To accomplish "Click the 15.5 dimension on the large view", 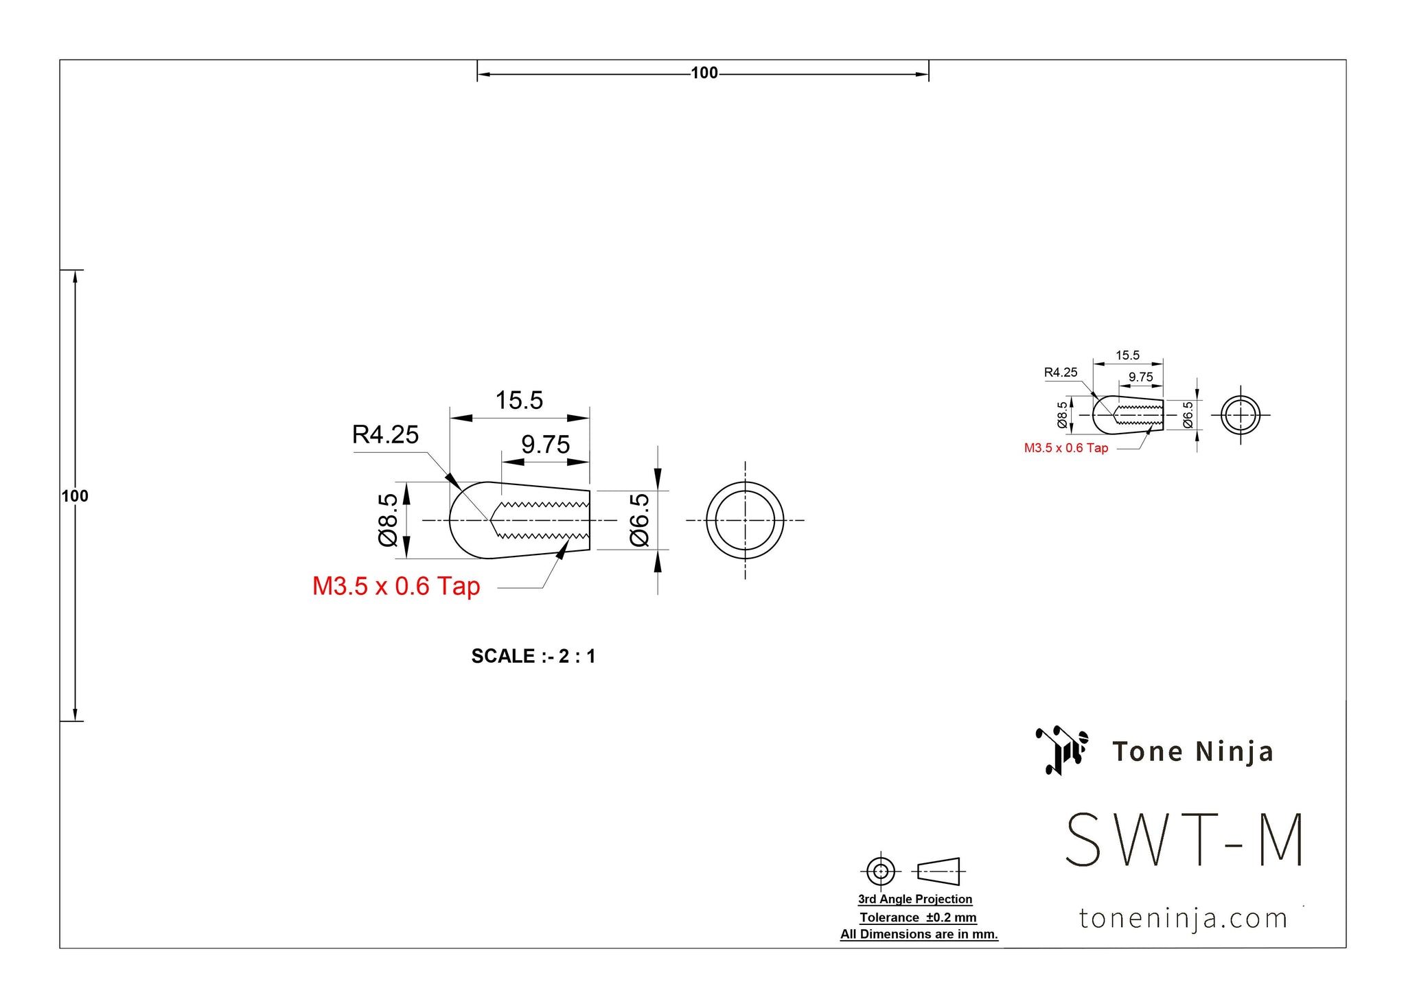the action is pos(519,400).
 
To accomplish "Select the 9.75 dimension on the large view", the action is pos(545,445).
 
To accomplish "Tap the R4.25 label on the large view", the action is pos(385,434).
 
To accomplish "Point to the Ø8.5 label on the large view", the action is pos(388,519).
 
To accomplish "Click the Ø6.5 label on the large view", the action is pos(639,519).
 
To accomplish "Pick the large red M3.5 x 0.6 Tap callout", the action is pos(396,586).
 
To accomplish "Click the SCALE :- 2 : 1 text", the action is pos(533,656).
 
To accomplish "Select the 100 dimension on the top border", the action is pos(704,73).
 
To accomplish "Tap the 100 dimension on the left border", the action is pos(75,496).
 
